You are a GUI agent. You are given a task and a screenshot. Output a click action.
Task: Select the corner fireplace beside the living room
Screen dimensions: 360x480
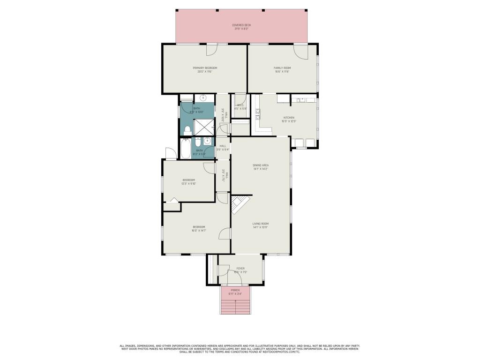240,204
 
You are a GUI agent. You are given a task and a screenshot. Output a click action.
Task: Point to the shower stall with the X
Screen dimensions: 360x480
204,127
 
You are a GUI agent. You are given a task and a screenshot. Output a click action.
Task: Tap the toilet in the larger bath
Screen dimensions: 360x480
187,129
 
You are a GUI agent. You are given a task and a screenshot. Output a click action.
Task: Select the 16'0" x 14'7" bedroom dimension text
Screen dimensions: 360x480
199,231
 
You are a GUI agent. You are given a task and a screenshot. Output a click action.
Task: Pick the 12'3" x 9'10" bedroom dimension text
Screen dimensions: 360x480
188,184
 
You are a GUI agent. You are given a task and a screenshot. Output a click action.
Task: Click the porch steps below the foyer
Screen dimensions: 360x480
235,306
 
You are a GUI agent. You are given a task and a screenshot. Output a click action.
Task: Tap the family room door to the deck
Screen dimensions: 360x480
301,50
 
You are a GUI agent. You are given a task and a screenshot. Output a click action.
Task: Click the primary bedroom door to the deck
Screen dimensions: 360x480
212,49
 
